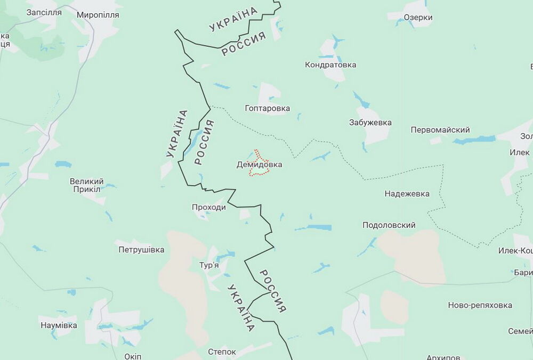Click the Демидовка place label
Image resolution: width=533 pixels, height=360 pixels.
pos(259,165)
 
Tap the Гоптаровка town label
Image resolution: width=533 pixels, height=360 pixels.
pos(268,109)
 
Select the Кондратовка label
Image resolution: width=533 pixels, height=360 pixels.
pos(330,65)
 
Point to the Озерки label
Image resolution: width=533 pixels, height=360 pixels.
pos(418,18)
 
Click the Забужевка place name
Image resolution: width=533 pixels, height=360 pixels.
pos(370,122)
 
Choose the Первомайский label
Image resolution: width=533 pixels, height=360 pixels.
pos(440,130)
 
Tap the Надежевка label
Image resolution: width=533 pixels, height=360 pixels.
pos(407,194)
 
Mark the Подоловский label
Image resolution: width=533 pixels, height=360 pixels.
pos(389,225)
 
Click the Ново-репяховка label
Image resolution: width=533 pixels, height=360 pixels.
pos(480,305)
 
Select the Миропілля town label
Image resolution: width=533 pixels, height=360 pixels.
pos(99,14)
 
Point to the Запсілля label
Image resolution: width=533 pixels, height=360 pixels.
pos(44,12)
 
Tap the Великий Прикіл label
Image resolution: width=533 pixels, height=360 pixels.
pos(86,185)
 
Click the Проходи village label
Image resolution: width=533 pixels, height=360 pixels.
pos(209,207)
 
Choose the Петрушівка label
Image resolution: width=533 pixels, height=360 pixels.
pos(141,249)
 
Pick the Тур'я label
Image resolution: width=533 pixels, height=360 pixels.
pos(209,266)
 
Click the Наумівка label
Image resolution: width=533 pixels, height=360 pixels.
pos(58,325)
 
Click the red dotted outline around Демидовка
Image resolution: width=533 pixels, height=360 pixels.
pos(255,152)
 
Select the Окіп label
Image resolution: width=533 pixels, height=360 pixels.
pos(132,356)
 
